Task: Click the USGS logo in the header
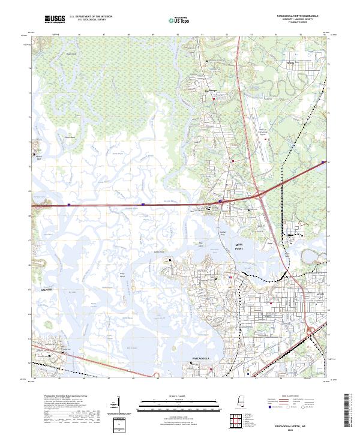click(x=55, y=20)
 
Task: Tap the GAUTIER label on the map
click(x=47, y=289)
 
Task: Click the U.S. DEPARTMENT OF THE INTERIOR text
click(x=91, y=17)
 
